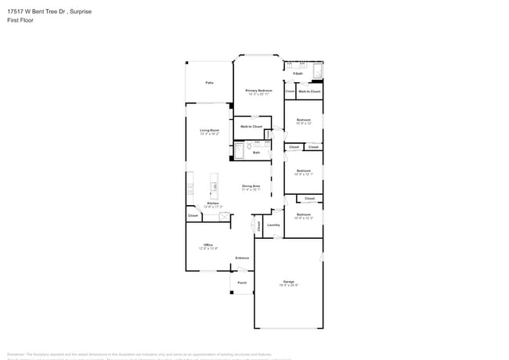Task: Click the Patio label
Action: tap(209, 82)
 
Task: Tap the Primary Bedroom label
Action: tap(258, 91)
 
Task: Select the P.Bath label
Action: tap(298, 74)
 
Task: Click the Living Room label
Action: tap(209, 130)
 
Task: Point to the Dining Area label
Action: tap(251, 185)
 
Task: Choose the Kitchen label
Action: tap(212, 203)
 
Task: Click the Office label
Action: tap(208, 245)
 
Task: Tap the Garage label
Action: tap(288, 281)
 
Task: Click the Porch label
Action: tap(242, 283)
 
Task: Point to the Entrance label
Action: tap(242, 257)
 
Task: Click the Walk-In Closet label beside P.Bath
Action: tap(309, 92)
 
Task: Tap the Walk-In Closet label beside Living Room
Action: tap(251, 126)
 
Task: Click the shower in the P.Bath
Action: tap(317, 72)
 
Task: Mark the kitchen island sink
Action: tap(215, 186)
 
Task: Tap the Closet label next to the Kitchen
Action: tap(193, 215)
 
